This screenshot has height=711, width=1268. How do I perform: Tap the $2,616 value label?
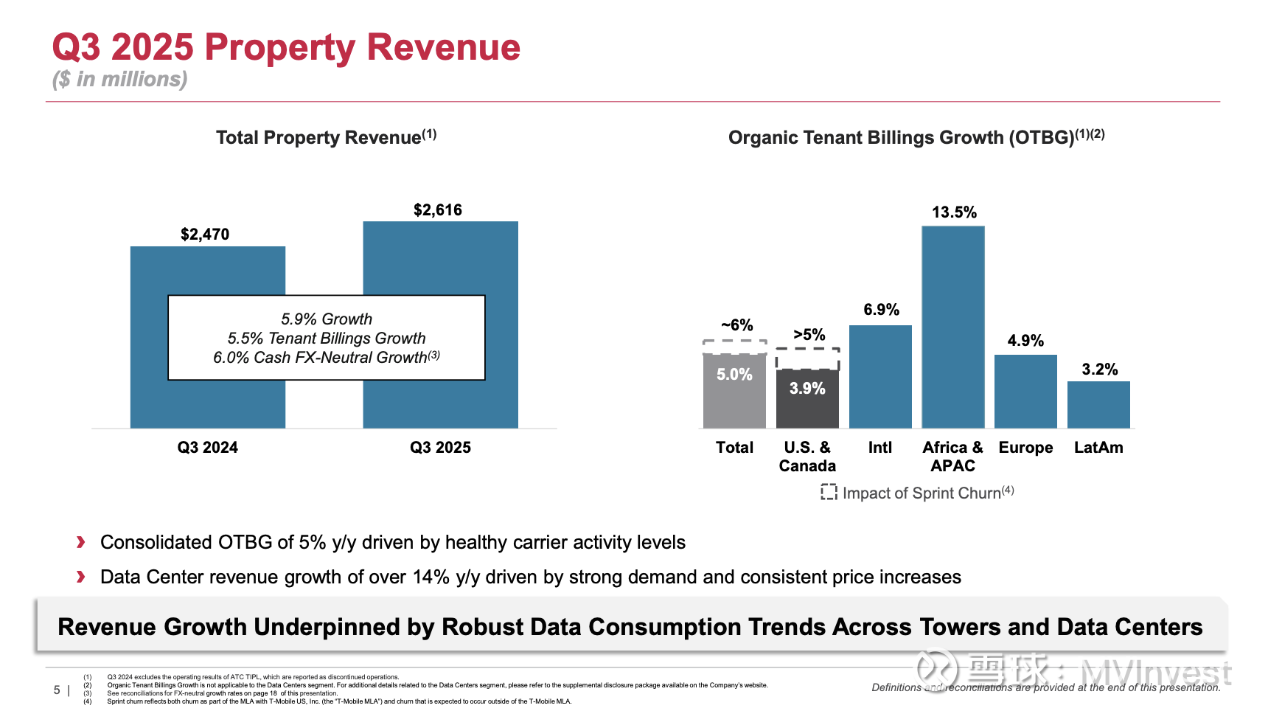pyautogui.click(x=438, y=210)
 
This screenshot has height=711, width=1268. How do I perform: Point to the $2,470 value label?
pyautogui.click(x=205, y=235)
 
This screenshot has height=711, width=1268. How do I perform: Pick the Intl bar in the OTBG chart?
pyautogui.click(x=880, y=376)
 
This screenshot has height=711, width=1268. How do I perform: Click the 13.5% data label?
pyautogui.click(x=954, y=212)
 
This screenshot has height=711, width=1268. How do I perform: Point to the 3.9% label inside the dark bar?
pyautogui.click(x=807, y=389)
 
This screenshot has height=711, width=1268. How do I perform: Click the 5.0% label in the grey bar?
pyautogui.click(x=734, y=375)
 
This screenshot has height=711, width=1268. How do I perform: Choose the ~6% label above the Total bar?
pyautogui.click(x=736, y=325)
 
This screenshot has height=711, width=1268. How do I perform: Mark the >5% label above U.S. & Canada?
pyautogui.click(x=809, y=335)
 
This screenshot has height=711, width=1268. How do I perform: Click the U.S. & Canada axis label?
pyautogui.click(x=807, y=457)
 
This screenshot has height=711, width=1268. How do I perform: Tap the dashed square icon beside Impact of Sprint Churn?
pyautogui.click(x=829, y=492)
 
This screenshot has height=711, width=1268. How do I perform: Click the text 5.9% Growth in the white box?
pyautogui.click(x=327, y=319)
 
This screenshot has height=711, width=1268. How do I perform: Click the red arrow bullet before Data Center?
pyautogui.click(x=81, y=577)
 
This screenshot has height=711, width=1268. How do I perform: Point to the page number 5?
pyautogui.click(x=57, y=690)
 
